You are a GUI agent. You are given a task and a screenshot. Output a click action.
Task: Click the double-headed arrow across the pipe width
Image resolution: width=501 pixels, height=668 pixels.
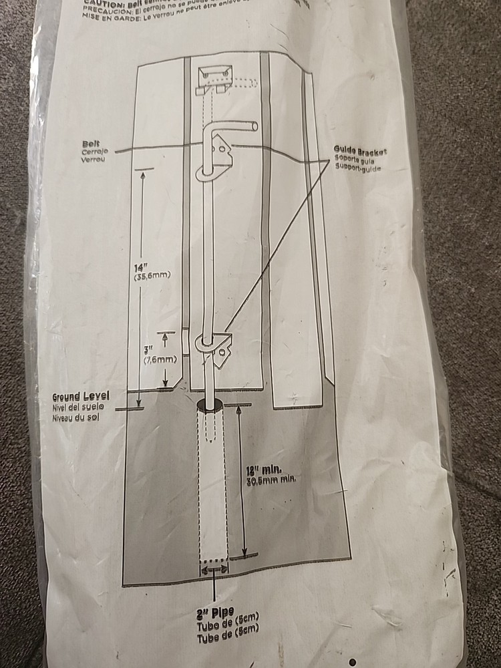coord(214,569)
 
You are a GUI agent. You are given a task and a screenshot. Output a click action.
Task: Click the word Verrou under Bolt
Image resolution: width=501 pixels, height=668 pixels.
coord(93,160)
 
